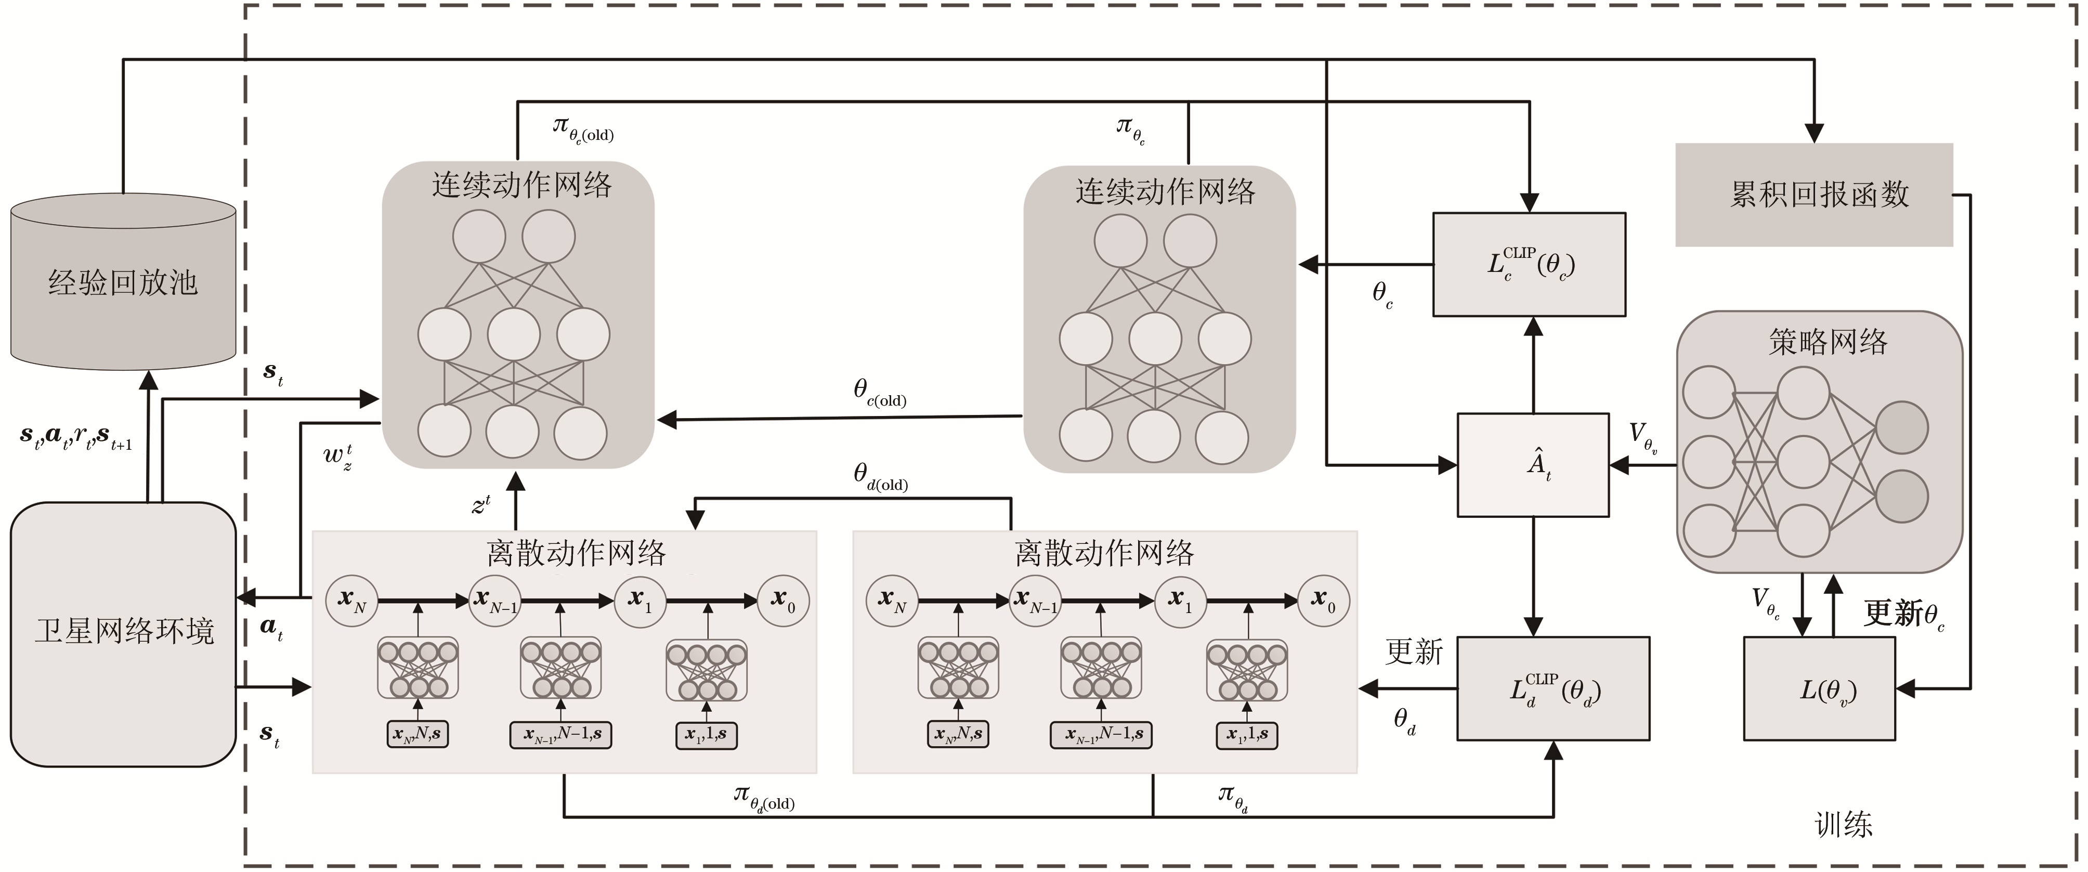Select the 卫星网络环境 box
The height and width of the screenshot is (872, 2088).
(123, 633)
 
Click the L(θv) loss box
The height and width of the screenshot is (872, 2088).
(1819, 689)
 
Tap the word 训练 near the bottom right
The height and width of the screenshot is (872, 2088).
(1843, 825)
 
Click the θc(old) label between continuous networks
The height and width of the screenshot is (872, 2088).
(880, 393)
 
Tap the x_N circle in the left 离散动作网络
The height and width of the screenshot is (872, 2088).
(352, 601)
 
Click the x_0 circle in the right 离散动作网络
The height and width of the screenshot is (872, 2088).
(1324, 601)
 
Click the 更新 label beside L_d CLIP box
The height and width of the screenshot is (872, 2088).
(1414, 652)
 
